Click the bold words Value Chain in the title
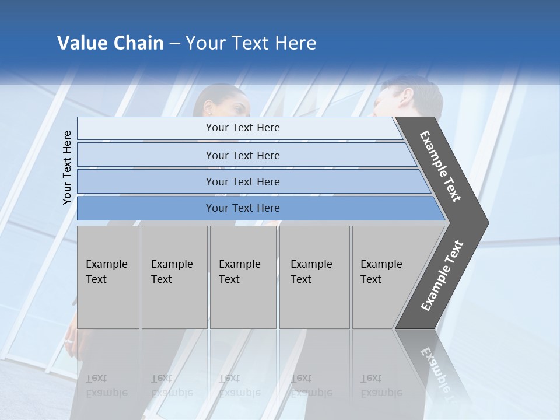pyautogui.click(x=110, y=43)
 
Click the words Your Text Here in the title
pyautogui.click(x=251, y=43)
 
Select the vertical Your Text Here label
pyautogui.click(x=67, y=167)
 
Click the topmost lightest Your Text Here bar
pyautogui.click(x=242, y=128)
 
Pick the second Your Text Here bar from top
pyautogui.click(x=242, y=155)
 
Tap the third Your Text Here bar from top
pyautogui.click(x=242, y=181)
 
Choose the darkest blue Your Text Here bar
pyautogui.click(x=242, y=208)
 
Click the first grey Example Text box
pyautogui.click(x=108, y=276)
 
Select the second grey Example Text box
pyautogui.click(x=174, y=276)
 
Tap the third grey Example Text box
pyautogui.click(x=243, y=276)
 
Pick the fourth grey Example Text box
pyautogui.click(x=314, y=276)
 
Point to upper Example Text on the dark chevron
pyautogui.click(x=440, y=166)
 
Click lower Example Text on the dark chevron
pyautogui.click(x=442, y=276)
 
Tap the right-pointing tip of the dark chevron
pyautogui.click(x=484, y=223)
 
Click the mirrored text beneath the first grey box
pyautogui.click(x=106, y=385)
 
